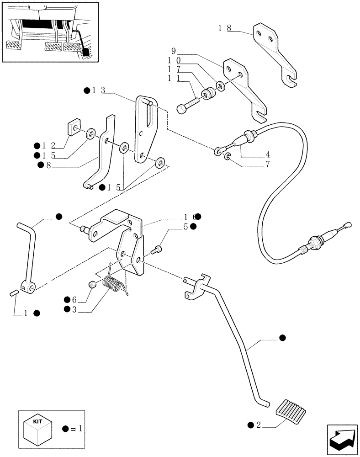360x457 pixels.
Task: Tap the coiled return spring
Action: point(114,284)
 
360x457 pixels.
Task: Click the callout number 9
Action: point(174,50)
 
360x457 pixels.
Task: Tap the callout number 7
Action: point(267,164)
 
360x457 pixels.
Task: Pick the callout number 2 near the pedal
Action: point(259,425)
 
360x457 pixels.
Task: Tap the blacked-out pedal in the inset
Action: point(86,51)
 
